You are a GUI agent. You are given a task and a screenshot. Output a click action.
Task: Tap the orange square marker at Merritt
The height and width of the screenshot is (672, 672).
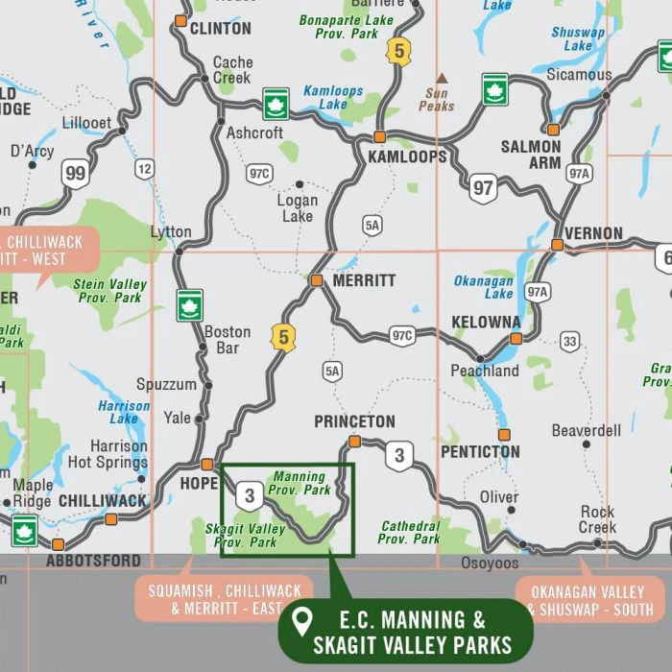(316, 280)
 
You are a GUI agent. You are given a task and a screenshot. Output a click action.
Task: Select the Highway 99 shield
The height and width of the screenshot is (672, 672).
(75, 173)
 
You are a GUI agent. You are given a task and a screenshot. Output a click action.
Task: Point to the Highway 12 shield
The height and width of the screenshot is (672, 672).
(144, 169)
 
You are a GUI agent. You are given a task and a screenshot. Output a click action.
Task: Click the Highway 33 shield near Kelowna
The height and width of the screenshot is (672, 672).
(571, 342)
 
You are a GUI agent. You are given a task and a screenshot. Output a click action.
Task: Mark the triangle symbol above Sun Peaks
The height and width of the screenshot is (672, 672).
(442, 79)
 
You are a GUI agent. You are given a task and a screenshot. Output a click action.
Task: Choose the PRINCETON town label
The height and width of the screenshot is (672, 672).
(354, 421)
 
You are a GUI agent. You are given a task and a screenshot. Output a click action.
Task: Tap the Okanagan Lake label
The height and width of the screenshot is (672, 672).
(484, 287)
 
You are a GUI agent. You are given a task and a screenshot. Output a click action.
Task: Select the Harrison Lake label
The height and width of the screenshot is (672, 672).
(124, 412)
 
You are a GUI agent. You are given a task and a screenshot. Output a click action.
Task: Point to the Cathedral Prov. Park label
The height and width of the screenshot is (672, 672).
(411, 532)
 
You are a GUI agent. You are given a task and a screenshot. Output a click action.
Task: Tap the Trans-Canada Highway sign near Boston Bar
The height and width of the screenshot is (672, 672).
(190, 305)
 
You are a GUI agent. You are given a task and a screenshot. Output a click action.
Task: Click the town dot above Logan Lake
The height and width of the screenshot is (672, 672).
(299, 184)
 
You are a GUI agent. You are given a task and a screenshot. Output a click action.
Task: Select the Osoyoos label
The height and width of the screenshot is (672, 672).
(490, 564)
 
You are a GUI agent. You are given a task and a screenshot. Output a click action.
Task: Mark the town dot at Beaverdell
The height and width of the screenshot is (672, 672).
(586, 444)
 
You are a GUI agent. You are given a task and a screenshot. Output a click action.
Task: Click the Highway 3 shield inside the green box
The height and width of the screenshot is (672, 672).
(250, 495)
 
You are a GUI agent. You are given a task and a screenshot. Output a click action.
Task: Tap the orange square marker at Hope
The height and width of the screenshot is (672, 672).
(206, 464)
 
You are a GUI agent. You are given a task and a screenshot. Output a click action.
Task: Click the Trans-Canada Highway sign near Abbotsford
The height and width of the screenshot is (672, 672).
(24, 530)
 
